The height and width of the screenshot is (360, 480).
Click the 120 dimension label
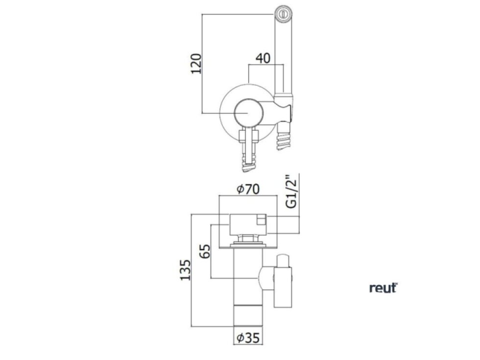[196, 63]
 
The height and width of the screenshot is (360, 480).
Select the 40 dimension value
[263, 58]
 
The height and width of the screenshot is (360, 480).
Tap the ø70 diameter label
[248, 189]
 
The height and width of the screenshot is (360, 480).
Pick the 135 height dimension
[185, 270]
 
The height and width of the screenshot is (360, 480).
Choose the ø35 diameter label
[248, 337]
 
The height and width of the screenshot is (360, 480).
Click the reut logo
[383, 288]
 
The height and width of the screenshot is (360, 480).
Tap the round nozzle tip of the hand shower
[284, 14]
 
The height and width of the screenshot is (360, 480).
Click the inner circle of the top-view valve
[248, 113]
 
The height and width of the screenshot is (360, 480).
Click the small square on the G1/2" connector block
[262, 220]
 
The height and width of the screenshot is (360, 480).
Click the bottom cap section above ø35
[248, 315]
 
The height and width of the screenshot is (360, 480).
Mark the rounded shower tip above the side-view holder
[283, 260]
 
